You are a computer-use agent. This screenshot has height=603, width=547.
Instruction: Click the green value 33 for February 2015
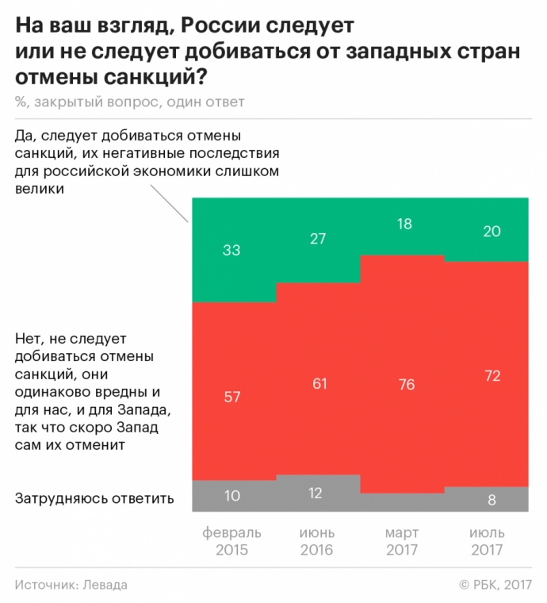point(231,251)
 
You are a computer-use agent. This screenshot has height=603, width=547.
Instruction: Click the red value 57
point(231,397)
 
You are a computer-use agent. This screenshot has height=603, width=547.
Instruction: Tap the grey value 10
point(231,497)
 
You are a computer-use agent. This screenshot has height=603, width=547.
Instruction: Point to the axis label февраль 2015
point(231,541)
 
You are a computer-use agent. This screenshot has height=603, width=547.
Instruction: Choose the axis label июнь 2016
point(316,541)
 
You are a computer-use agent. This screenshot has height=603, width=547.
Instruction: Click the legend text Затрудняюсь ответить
point(94,498)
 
